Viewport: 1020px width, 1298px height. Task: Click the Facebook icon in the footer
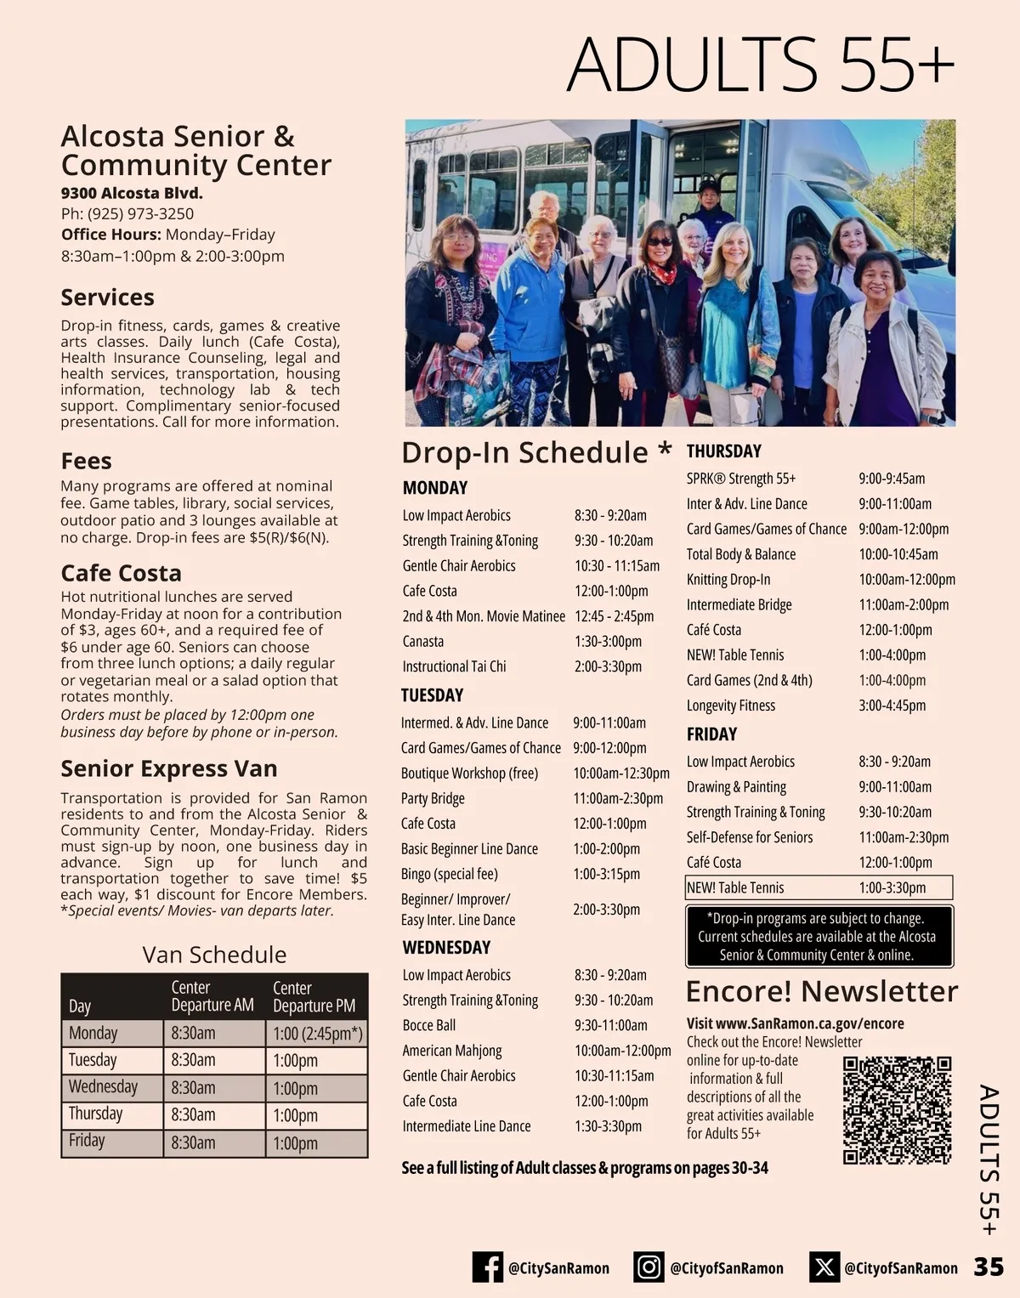point(488,1267)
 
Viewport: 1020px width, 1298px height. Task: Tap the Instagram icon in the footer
point(649,1267)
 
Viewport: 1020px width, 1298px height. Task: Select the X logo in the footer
point(824,1267)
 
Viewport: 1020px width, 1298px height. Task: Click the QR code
point(897,1110)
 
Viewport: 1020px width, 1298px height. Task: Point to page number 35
point(989,1267)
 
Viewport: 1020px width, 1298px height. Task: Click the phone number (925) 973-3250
point(140,214)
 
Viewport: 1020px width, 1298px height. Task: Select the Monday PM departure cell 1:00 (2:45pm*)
point(317,1034)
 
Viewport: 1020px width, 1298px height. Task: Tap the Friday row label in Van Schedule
point(87,1141)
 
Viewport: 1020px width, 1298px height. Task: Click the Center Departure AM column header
point(212,996)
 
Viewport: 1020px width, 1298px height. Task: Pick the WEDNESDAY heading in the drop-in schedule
point(446,948)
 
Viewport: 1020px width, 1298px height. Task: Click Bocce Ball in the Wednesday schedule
point(429,1026)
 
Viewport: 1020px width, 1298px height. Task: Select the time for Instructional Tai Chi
point(608,667)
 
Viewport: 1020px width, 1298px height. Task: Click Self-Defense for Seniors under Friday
point(750,837)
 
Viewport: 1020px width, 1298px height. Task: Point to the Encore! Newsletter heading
point(821,992)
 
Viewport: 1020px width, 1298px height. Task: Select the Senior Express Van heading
point(169,769)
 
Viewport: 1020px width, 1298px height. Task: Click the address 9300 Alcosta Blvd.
point(132,194)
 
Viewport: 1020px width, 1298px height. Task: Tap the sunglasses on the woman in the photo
point(660,242)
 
